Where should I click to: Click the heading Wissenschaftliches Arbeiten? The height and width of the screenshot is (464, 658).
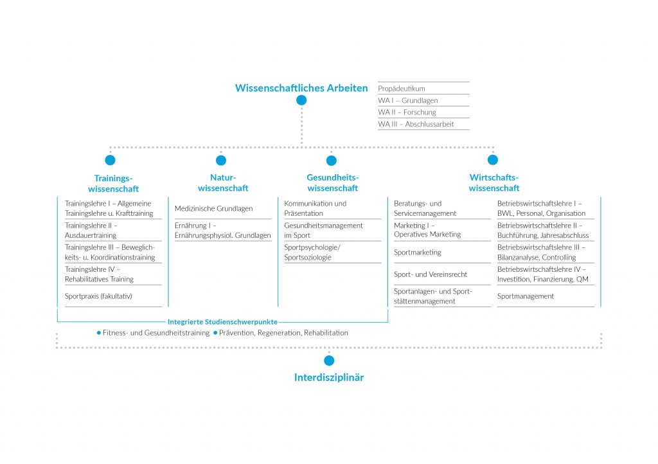coord(301,88)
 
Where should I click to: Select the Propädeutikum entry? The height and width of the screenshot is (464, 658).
coord(402,89)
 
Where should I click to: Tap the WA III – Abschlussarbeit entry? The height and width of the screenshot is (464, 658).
coord(416,124)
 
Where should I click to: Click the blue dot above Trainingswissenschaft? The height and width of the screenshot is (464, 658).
coord(110,160)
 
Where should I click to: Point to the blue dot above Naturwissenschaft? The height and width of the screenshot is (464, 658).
coord(221,160)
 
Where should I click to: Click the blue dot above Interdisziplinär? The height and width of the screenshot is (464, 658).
coord(329,361)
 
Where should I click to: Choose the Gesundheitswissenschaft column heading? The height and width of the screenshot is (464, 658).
coord(332,183)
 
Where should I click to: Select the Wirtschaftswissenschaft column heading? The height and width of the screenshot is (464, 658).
coord(494,183)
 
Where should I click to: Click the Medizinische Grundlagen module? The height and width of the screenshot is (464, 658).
coord(213,208)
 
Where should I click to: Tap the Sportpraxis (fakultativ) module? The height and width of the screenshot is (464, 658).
coord(98,296)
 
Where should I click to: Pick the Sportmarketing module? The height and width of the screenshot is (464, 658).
coord(418,253)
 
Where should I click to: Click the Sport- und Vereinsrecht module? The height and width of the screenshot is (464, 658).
coord(431,274)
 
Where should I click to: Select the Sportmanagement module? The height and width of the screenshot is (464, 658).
coord(526,296)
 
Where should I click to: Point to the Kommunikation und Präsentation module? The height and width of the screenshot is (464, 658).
coord(315,208)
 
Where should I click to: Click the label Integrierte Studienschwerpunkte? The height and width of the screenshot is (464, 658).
coord(222,322)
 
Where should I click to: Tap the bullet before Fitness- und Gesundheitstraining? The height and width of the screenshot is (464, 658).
coord(98,333)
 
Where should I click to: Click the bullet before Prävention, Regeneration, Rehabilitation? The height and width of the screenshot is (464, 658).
coord(215,333)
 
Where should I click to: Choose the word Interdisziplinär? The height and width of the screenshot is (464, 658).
coord(329,377)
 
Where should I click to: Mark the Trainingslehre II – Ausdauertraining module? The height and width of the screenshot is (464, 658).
coord(91,230)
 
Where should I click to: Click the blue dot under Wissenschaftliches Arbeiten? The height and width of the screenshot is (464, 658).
coord(301,100)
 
